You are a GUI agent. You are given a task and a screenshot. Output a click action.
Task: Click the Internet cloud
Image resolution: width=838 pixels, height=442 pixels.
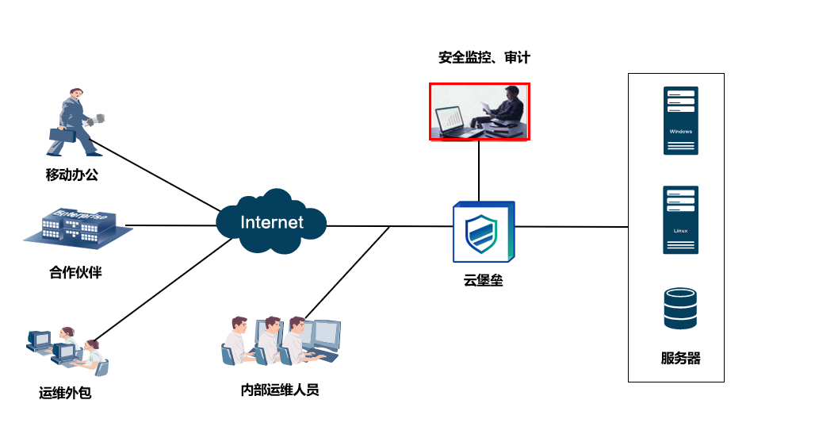(271, 222)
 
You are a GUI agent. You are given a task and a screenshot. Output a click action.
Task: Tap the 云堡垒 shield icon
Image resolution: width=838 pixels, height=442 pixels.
(483, 232)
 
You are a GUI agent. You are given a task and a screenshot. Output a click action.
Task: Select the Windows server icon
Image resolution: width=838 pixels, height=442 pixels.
(680, 120)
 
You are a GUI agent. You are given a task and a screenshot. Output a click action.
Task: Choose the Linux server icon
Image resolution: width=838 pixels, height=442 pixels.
(680, 220)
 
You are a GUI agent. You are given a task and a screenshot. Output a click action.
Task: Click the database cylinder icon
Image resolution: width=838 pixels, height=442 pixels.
(680, 309)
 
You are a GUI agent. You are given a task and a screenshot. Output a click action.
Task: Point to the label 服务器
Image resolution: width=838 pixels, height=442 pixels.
(680, 358)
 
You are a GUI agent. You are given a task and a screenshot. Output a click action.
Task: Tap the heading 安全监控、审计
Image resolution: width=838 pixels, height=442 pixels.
(484, 57)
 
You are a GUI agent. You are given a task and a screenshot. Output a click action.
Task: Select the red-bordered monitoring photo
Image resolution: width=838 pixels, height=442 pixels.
(480, 111)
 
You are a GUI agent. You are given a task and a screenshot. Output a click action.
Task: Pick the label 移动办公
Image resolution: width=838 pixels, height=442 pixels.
(72, 175)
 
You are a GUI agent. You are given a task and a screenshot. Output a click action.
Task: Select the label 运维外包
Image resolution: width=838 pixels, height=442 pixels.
(65, 392)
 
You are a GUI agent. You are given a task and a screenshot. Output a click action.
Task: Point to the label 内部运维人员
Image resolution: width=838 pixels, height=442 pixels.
(280, 390)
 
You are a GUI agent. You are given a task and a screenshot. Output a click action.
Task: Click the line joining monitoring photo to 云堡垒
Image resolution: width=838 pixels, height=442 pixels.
(479, 171)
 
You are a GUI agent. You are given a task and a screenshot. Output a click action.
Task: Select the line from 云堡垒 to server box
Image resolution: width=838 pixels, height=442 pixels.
(571, 227)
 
